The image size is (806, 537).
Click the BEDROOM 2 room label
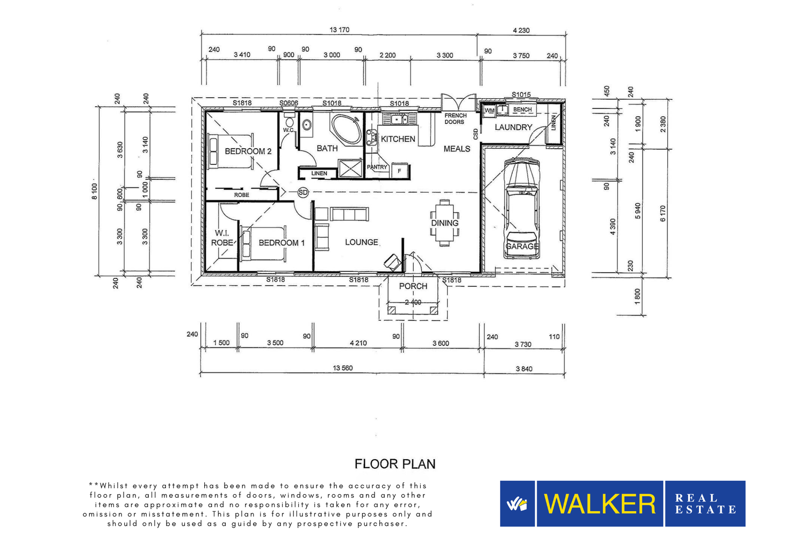click(x=248, y=151)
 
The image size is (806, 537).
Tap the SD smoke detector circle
click(x=303, y=192)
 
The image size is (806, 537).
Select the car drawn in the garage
click(x=521, y=208)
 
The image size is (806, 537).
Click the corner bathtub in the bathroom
click(x=346, y=129)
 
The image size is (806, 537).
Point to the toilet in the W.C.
click(x=289, y=120)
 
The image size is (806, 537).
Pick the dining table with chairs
click(x=444, y=223)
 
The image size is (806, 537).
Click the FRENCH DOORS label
click(x=455, y=119)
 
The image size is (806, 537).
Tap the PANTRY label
click(x=377, y=167)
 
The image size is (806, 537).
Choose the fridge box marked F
click(x=399, y=170)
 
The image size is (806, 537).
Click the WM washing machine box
click(x=490, y=110)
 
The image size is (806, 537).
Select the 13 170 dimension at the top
click(x=339, y=30)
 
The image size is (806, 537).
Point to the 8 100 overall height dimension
click(x=94, y=191)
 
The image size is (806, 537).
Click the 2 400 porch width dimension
click(x=413, y=302)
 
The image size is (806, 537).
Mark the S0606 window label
click(x=289, y=103)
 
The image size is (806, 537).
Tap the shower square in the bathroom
click(x=350, y=168)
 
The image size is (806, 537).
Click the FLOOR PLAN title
click(x=395, y=464)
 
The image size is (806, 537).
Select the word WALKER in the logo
click(x=600, y=504)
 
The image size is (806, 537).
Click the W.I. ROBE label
click(x=222, y=238)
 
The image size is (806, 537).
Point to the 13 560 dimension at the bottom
click(x=343, y=368)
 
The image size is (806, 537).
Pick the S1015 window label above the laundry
click(x=521, y=95)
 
